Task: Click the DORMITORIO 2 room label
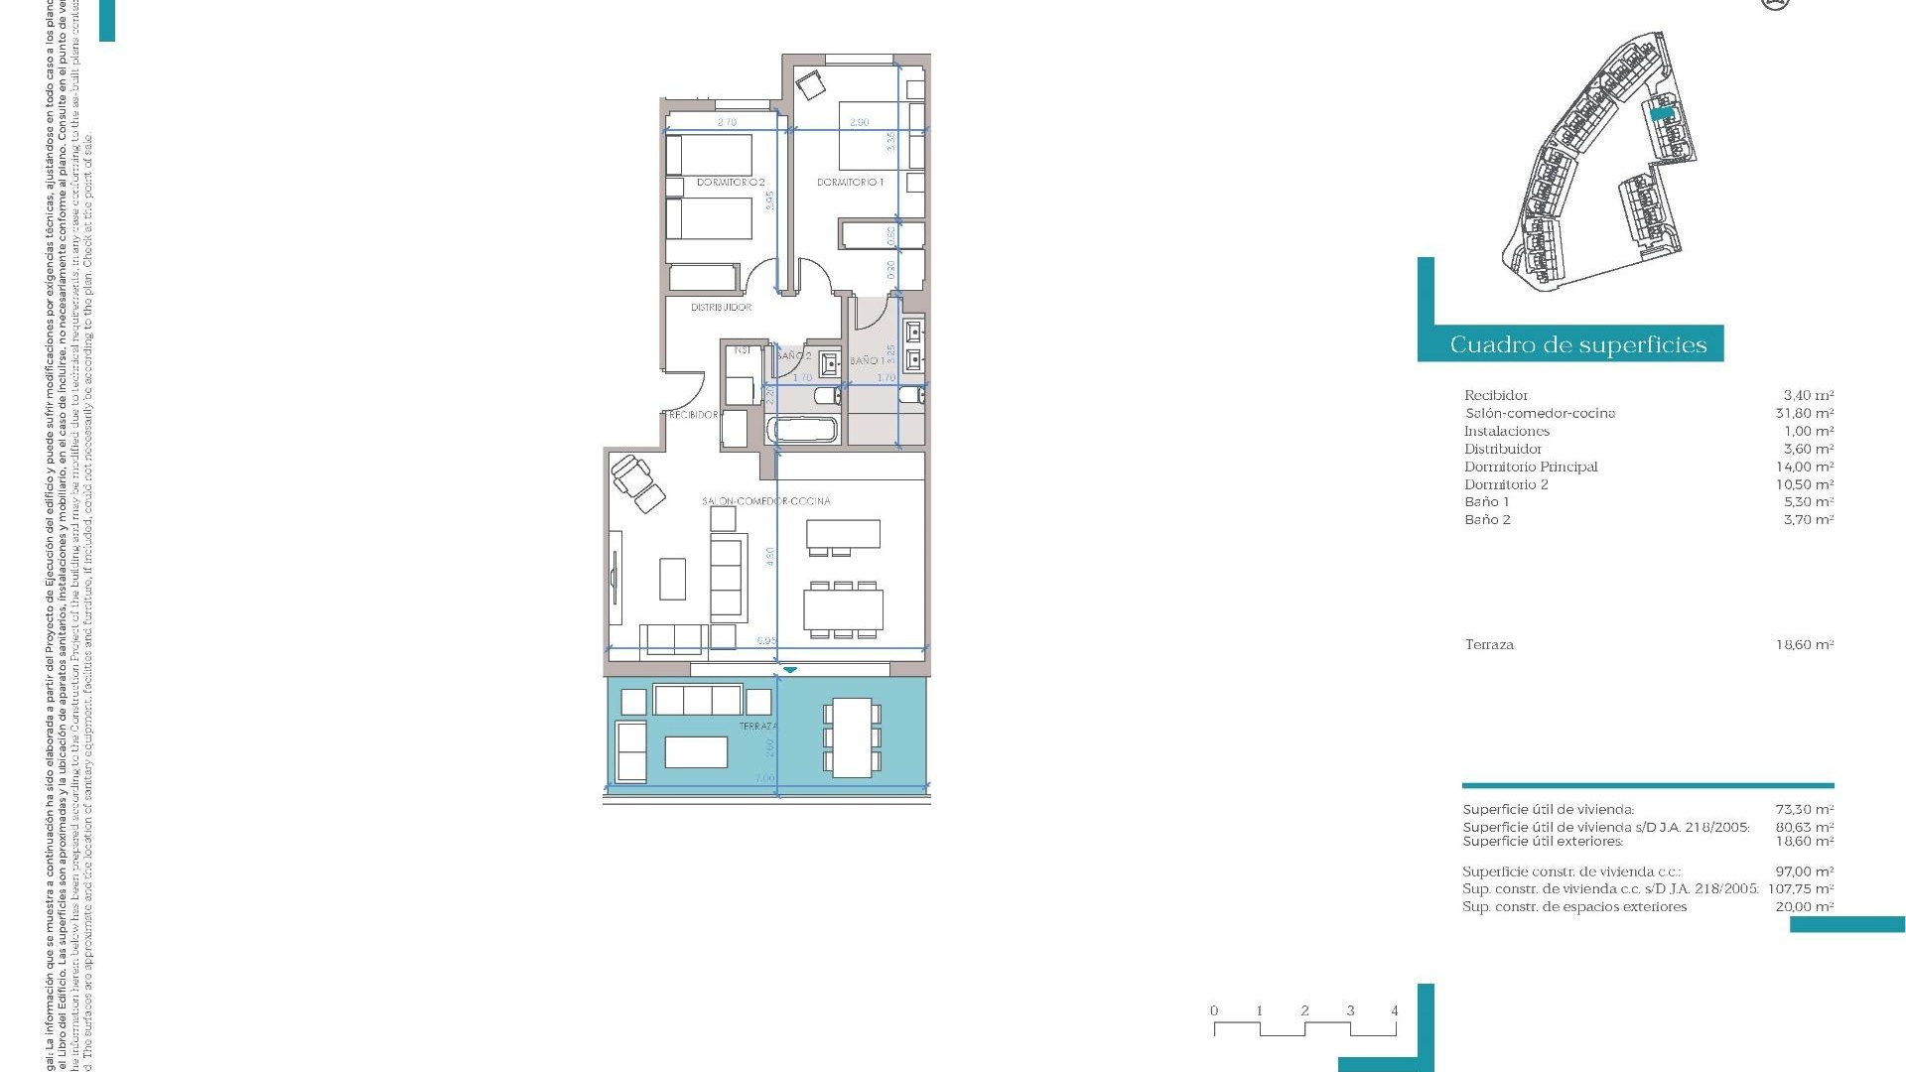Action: click(x=730, y=183)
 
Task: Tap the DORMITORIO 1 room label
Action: click(x=850, y=183)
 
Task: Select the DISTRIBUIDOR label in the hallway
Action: click(x=721, y=308)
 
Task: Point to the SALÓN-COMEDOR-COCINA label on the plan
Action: click(x=765, y=501)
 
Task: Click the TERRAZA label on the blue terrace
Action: click(x=757, y=727)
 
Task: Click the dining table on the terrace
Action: click(x=852, y=737)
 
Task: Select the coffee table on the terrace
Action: click(x=696, y=752)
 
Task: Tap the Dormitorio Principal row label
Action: click(x=1530, y=467)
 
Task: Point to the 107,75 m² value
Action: click(x=1800, y=889)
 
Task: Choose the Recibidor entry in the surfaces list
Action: click(x=1495, y=396)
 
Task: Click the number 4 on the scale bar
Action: click(x=1394, y=1010)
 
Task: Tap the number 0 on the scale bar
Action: click(x=1213, y=1010)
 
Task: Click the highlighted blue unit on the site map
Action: click(x=1661, y=115)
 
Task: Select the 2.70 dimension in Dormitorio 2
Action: click(x=727, y=122)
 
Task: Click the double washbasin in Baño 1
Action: click(x=914, y=344)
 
